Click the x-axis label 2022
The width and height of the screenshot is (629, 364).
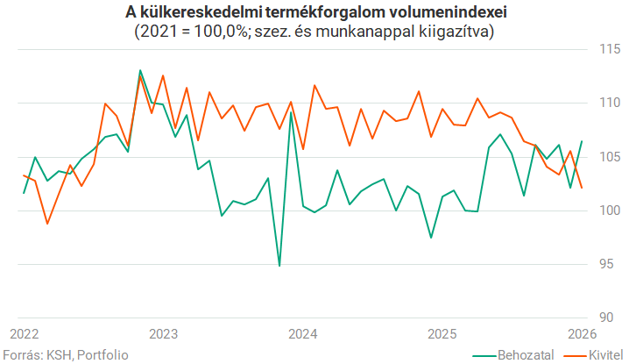[x=25, y=333]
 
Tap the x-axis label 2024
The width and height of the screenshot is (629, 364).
[x=303, y=333]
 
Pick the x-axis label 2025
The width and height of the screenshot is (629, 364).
[x=442, y=333]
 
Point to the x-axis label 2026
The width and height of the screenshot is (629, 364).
[x=581, y=333]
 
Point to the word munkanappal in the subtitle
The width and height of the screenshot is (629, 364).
[x=381, y=32]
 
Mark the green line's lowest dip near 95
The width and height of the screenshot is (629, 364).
[x=279, y=265]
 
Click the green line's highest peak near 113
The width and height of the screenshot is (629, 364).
[x=140, y=70]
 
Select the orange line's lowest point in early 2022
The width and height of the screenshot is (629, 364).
[x=47, y=224]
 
